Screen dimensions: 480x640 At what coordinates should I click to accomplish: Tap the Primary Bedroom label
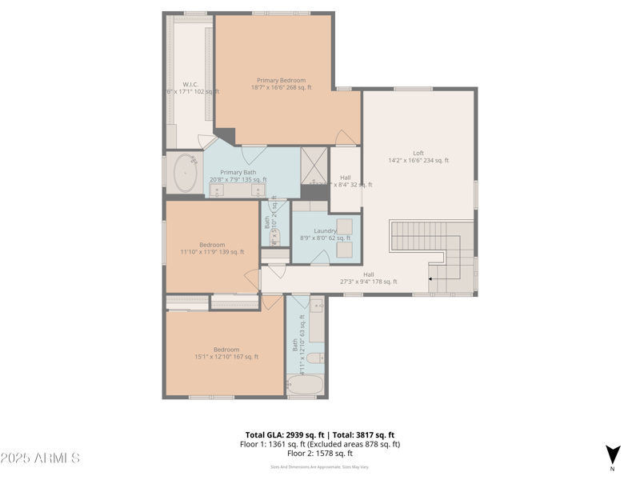281,80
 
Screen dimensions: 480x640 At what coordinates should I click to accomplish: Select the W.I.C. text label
190,84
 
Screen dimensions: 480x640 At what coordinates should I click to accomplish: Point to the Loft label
418,153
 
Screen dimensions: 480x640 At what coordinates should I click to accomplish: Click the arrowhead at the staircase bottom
431,279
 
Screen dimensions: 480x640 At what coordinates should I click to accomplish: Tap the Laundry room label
325,230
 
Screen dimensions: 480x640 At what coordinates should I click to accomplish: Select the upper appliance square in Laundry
345,226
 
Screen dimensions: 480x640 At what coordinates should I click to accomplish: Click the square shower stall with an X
315,166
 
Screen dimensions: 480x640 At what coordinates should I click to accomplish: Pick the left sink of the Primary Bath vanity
218,189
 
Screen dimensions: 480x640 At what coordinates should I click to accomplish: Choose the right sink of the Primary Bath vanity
258,189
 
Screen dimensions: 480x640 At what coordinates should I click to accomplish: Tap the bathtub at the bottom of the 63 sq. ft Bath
305,386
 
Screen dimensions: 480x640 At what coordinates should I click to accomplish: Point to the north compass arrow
612,454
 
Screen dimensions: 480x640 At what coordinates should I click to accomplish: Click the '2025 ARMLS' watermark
40,458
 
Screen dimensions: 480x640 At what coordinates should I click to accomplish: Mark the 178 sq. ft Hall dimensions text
368,281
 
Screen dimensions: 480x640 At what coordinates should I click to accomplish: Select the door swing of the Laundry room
320,258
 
